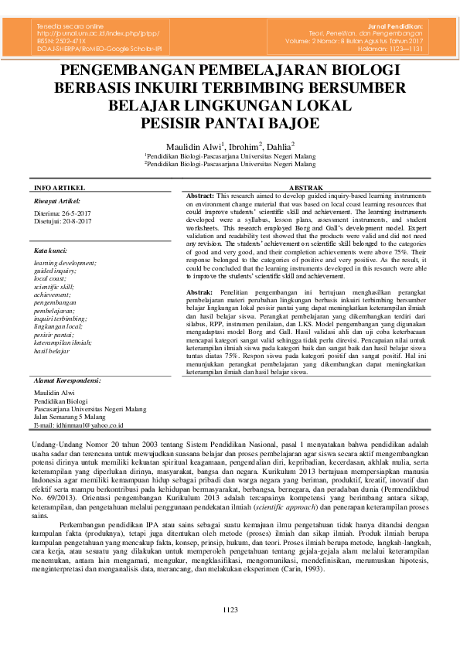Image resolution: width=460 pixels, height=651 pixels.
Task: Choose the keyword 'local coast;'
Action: [50, 278]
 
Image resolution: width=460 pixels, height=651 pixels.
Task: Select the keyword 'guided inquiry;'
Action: [54, 271]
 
